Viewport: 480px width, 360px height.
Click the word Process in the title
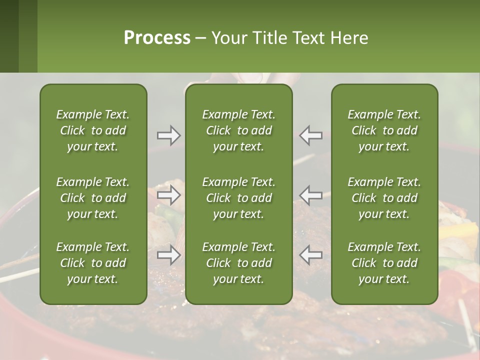(x=157, y=38)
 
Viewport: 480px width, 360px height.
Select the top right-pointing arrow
(x=169, y=135)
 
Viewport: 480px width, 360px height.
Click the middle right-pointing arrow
(x=169, y=195)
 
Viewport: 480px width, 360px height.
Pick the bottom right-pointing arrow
(x=169, y=255)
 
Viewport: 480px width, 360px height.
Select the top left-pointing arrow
(x=311, y=135)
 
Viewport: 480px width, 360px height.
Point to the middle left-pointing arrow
(x=311, y=195)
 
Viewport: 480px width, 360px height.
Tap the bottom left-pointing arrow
(x=311, y=255)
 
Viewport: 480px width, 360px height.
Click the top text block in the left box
(x=93, y=130)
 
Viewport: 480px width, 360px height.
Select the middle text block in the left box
(x=93, y=198)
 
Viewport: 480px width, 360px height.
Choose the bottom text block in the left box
(x=93, y=263)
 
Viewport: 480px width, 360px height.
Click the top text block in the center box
(x=238, y=130)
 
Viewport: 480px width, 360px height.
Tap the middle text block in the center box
(x=238, y=198)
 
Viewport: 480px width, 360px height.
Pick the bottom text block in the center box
(x=238, y=263)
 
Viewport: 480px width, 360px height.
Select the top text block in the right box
(x=384, y=130)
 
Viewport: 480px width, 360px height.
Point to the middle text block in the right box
(x=384, y=198)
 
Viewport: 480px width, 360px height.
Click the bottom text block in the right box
(x=384, y=263)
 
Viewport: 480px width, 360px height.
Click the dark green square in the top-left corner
(x=9, y=36)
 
